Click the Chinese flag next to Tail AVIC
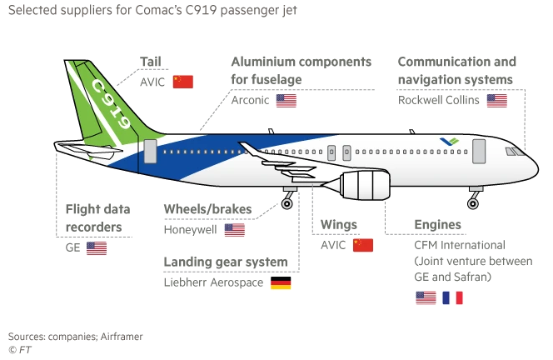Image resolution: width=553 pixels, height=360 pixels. tap(182, 82)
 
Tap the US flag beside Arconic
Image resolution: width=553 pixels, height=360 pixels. tap(286, 101)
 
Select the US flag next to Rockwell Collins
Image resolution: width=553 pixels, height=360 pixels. tap(496, 101)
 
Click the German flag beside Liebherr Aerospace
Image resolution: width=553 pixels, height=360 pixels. tap(281, 282)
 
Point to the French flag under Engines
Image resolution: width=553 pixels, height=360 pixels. tap(452, 297)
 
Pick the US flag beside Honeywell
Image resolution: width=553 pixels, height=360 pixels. tap(235, 230)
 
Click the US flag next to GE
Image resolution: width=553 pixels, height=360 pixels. tap(97, 248)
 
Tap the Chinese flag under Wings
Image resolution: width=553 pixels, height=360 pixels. tap(363, 245)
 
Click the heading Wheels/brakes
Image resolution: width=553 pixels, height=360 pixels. tap(207, 209)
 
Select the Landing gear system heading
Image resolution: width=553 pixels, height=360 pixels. tap(226, 262)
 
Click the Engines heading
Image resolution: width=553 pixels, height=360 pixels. tap(438, 224)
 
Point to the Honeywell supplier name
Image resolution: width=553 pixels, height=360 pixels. tap(191, 230)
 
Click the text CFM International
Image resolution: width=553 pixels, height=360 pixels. tap(460, 245)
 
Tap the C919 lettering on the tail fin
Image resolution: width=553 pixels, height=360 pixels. tap(112, 104)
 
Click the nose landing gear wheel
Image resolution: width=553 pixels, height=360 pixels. tap(472, 203)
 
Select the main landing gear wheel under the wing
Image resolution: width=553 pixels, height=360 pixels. tap(286, 203)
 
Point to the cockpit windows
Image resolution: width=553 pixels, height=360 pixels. tap(515, 152)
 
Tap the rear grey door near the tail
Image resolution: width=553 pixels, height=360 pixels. tap(150, 151)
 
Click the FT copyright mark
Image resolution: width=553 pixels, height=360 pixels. tap(20, 350)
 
